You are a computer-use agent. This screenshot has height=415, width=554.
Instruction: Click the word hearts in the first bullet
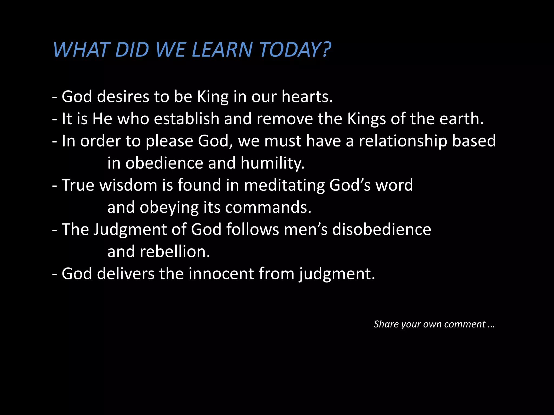click(307, 96)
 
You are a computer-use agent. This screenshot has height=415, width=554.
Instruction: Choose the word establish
click(186, 119)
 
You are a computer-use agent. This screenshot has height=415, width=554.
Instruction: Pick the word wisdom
click(128, 185)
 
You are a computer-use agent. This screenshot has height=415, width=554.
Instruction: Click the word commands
click(268, 207)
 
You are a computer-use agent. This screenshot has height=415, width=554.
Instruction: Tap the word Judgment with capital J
click(130, 230)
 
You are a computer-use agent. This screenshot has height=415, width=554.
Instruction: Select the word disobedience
click(381, 229)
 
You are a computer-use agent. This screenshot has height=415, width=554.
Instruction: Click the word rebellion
click(175, 252)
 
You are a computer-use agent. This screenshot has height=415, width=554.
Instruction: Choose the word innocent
click(221, 274)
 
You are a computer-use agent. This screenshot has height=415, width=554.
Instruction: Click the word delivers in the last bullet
click(126, 274)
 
